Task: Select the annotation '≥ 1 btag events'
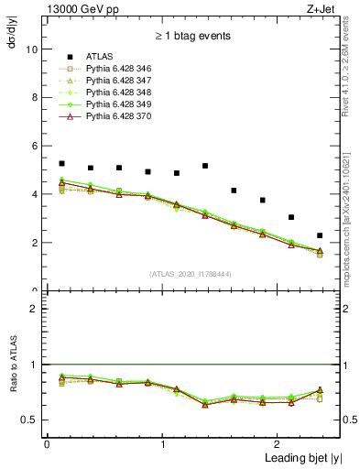click(192, 36)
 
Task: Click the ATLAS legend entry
click(102, 58)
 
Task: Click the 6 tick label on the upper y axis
click(35, 146)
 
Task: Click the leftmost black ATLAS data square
click(61, 163)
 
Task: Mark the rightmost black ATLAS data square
click(320, 235)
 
